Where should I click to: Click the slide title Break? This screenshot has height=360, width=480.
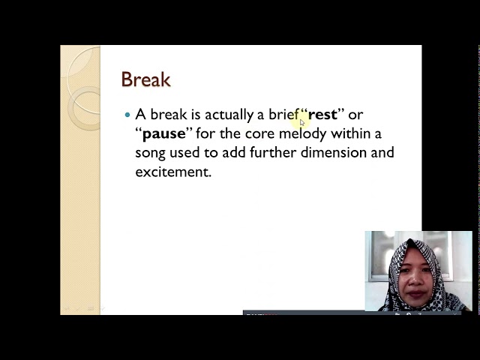145,79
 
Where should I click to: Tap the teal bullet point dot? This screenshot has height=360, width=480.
127,115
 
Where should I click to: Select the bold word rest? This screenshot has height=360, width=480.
322,115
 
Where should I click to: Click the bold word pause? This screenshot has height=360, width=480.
164,134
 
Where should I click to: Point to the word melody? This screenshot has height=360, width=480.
302,134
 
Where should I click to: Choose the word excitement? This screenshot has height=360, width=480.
173,172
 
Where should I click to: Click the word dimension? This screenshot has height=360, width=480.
333,152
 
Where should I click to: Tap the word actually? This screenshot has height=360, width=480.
229,115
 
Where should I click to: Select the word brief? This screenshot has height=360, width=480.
283,114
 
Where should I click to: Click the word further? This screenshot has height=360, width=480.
273,152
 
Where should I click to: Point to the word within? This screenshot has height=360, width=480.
351,133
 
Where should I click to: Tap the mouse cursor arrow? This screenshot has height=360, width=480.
302,122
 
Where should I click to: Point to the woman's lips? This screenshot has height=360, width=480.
415,294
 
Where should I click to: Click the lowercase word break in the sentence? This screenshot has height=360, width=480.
169,114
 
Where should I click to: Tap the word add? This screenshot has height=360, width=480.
234,152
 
